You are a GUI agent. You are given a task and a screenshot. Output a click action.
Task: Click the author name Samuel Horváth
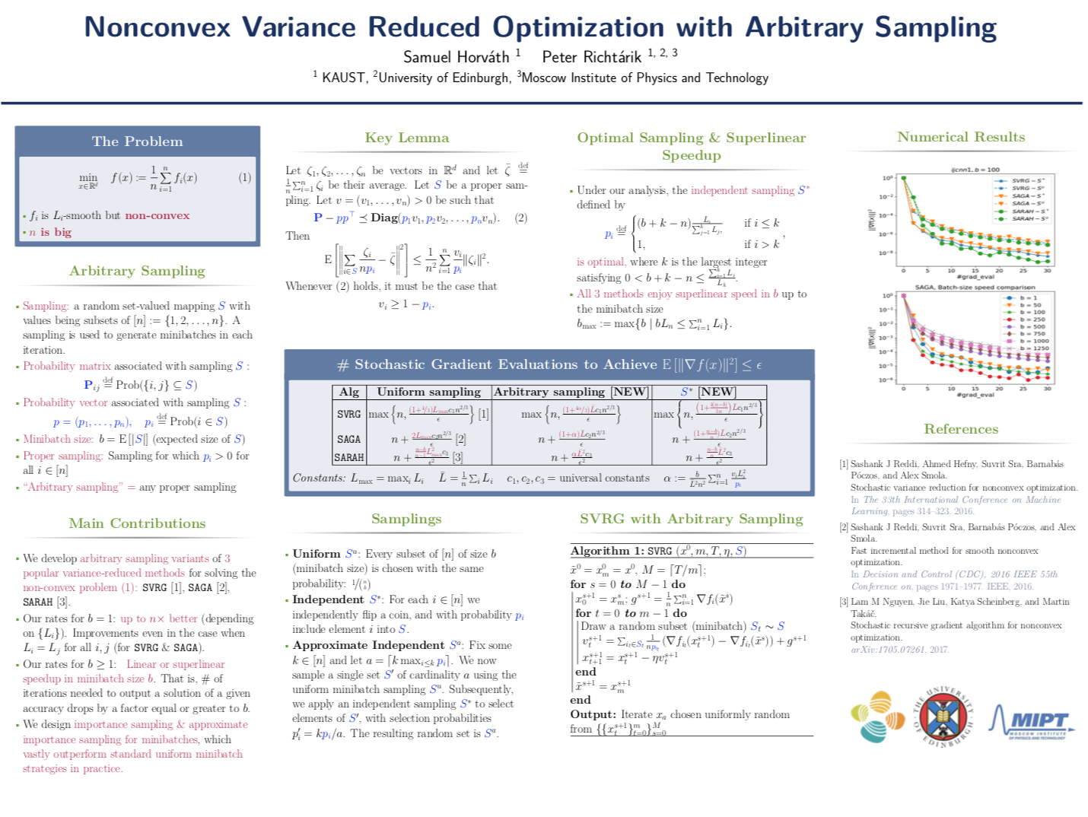point(456,57)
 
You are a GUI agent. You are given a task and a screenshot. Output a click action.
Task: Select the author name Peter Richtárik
point(591,57)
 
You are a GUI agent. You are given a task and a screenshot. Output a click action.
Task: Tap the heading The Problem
point(137,141)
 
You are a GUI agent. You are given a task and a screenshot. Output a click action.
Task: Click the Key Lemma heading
point(406,138)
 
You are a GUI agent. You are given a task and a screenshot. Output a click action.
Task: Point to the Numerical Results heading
point(961,137)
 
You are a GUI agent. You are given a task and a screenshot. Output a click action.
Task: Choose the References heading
point(961,429)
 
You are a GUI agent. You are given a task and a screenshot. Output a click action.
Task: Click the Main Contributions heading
point(137,523)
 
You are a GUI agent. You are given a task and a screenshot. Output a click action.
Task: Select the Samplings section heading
point(406,519)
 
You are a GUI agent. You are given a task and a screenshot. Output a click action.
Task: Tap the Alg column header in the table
point(349,392)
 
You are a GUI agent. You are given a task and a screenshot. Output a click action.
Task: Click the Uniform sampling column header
point(428,392)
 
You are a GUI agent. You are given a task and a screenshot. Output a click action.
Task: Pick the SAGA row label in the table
point(349,439)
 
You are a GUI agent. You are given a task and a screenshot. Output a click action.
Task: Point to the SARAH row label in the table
point(349,457)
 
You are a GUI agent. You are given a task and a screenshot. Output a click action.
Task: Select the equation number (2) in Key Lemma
point(520,218)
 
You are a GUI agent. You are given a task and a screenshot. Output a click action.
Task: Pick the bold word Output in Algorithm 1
point(593,714)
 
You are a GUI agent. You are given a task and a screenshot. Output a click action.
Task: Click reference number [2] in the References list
point(844,527)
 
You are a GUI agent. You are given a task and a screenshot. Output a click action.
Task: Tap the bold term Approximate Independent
point(369,645)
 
